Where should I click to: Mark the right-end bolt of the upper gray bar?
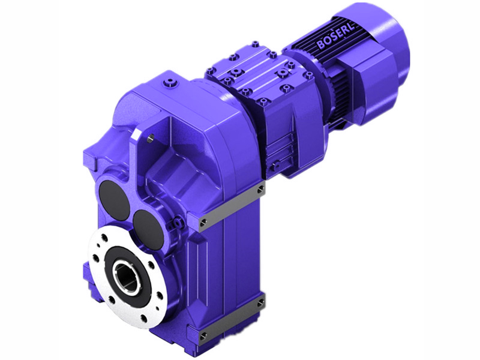point(260,190)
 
